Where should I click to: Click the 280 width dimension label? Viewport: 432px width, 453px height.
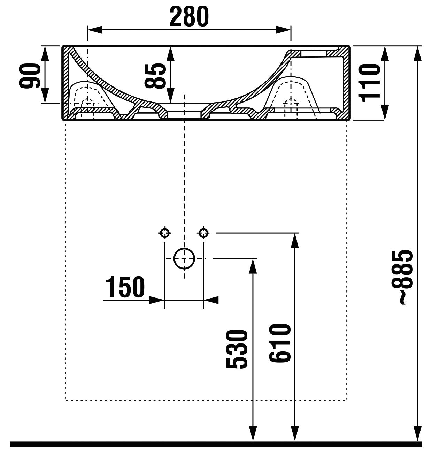[189, 16]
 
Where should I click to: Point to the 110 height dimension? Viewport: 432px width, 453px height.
[370, 83]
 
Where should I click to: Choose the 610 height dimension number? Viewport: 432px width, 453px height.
[279, 343]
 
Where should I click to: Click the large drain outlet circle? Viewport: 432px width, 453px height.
[184, 259]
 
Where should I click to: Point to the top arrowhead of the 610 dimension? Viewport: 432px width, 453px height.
[295, 240]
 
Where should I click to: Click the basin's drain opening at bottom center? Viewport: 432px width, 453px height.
[184, 114]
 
